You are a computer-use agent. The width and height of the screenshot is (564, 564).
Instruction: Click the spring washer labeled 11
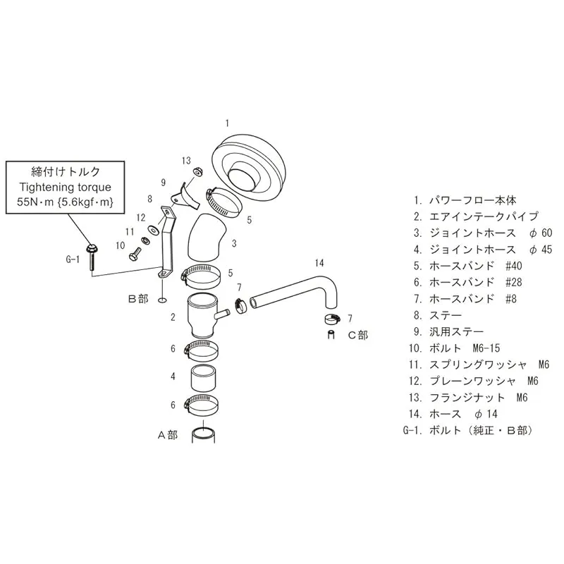(145, 241)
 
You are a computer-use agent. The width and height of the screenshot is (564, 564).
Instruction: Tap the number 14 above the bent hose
(319, 263)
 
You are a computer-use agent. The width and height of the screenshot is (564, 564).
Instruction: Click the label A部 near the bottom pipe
(167, 435)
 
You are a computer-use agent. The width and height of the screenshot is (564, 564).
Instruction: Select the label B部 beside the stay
(137, 298)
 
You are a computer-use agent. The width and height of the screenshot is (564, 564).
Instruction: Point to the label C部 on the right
(358, 335)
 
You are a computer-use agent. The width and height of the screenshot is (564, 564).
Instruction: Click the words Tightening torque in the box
(66, 188)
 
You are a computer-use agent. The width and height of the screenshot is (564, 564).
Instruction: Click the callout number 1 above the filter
(227, 123)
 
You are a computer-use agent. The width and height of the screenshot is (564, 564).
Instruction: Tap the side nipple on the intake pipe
(223, 312)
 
